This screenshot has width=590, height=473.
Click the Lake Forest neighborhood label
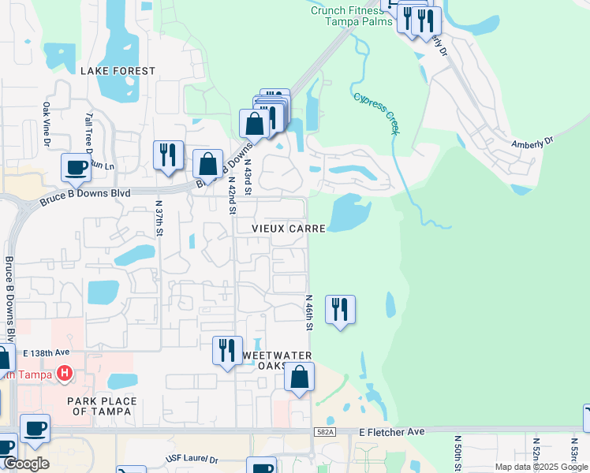click(x=118, y=71)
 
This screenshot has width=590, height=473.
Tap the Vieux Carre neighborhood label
click(x=289, y=228)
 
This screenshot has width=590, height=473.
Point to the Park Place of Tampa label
click(x=102, y=407)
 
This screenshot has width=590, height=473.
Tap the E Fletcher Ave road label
click(x=392, y=432)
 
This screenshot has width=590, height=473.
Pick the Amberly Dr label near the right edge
click(x=533, y=142)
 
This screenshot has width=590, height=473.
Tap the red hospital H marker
click(x=65, y=373)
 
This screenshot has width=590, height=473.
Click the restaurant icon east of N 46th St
click(x=340, y=309)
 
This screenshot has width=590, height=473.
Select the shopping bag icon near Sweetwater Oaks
click(x=300, y=378)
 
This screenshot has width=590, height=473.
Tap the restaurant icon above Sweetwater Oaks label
click(x=227, y=350)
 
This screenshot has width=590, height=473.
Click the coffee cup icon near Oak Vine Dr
click(x=76, y=167)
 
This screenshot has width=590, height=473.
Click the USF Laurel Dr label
click(x=192, y=459)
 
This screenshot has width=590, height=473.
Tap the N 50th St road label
click(x=457, y=452)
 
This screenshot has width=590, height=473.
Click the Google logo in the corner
click(x=25, y=464)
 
